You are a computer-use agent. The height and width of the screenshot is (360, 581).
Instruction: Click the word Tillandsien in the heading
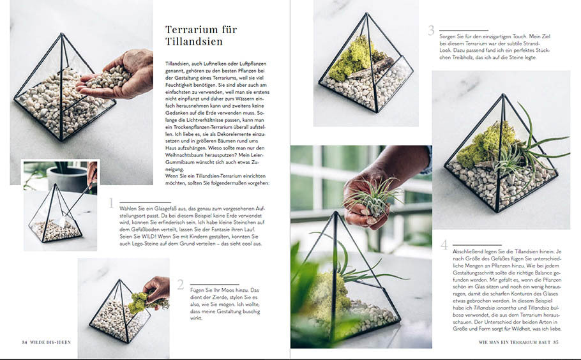click(194, 41)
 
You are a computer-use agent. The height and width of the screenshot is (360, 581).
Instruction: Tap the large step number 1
click(111, 203)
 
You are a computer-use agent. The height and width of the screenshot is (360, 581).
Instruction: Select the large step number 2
click(181, 285)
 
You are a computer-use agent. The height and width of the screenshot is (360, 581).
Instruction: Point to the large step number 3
click(431, 30)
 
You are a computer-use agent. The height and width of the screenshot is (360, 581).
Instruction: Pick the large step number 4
click(444, 245)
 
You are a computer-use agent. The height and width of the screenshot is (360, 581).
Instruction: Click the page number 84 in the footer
click(24, 342)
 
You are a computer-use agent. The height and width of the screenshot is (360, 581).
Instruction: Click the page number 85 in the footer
click(555, 342)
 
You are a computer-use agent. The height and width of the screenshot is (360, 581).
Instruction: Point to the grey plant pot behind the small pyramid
click(68, 178)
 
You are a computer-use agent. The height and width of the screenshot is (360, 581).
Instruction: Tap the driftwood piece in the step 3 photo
click(371, 69)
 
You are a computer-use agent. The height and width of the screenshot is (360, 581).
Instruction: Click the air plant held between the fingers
click(373, 197)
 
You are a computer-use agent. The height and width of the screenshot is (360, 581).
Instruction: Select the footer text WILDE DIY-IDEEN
click(50, 342)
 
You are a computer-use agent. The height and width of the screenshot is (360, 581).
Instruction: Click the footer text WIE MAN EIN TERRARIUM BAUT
click(515, 342)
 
